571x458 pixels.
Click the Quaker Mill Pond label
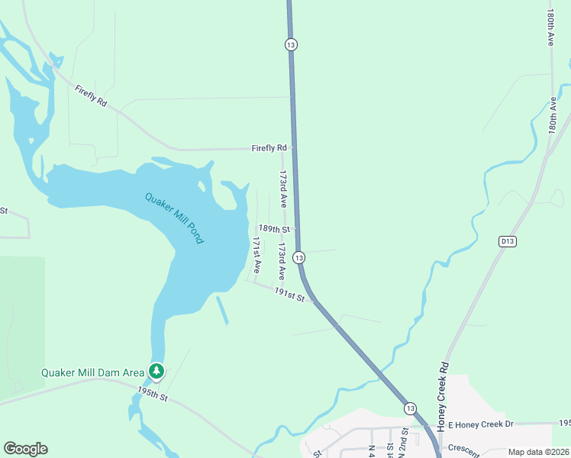[x=175, y=218]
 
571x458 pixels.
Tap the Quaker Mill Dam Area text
[x=92, y=373]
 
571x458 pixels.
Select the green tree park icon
[x=156, y=372]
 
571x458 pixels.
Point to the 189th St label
[x=274, y=229]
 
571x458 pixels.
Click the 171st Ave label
[x=257, y=255]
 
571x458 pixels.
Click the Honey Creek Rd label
[x=440, y=392]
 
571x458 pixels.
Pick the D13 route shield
[x=508, y=241]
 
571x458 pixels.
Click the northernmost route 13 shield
[x=290, y=44]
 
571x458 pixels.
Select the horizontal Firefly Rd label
[x=269, y=148]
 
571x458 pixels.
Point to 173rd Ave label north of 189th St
[x=282, y=189]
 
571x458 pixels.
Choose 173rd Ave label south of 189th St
[x=282, y=261]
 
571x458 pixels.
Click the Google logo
[x=25, y=449]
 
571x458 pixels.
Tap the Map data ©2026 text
[x=537, y=452]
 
